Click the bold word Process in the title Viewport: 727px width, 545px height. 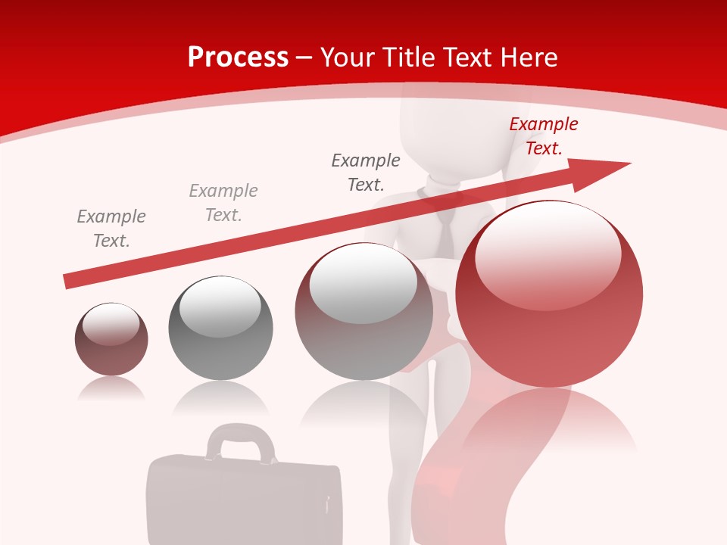click(x=238, y=58)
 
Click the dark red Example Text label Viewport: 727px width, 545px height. click(x=543, y=136)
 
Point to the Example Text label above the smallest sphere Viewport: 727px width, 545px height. click(x=111, y=229)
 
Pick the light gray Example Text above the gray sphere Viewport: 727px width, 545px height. click(x=223, y=203)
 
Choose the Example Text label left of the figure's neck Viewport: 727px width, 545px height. click(x=366, y=173)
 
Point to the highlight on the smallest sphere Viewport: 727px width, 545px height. click(x=111, y=323)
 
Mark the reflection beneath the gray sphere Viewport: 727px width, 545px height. click(x=220, y=399)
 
